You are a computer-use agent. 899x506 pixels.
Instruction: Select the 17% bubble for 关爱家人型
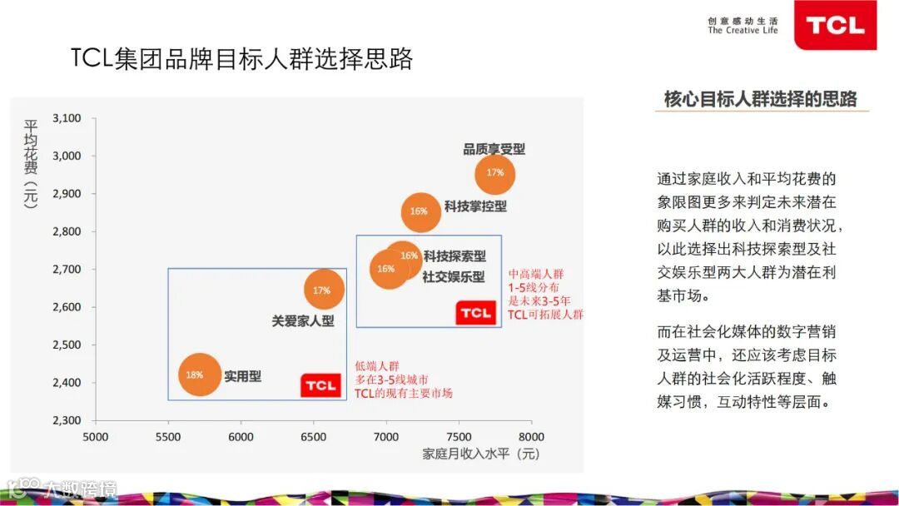(x=323, y=290)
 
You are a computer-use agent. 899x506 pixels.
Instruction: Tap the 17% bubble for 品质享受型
(x=495, y=173)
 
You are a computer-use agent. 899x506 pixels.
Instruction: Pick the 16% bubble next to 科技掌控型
(x=420, y=211)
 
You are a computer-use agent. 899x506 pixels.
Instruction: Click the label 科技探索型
(x=454, y=256)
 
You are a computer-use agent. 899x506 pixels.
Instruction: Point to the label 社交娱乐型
(x=453, y=276)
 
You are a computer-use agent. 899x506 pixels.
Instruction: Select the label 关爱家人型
(x=303, y=320)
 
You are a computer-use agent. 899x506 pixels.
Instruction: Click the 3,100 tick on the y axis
(x=67, y=118)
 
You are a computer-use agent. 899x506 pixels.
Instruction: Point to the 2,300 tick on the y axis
(x=67, y=420)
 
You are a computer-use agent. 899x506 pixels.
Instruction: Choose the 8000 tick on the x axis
(x=531, y=437)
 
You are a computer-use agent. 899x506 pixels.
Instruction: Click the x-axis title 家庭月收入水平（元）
(x=481, y=454)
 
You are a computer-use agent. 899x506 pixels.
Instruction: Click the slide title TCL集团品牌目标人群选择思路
(x=241, y=59)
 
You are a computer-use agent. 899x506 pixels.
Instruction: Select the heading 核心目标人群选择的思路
(x=760, y=99)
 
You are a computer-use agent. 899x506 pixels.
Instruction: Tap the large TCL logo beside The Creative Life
(x=835, y=25)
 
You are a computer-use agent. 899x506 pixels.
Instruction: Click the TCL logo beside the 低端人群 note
(x=320, y=385)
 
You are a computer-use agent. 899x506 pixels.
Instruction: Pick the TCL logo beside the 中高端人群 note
(x=475, y=313)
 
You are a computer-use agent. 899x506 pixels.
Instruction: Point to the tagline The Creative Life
(x=743, y=31)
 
